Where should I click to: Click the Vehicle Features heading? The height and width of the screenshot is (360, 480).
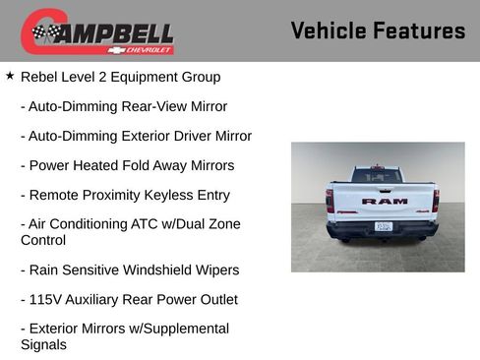click(x=378, y=30)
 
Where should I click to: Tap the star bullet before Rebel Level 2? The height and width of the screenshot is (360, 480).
click(x=10, y=75)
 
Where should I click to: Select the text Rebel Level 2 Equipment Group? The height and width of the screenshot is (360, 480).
click(x=120, y=76)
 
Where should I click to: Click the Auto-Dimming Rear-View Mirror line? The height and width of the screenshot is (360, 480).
click(x=123, y=106)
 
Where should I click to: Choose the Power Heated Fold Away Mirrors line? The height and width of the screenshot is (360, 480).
click(x=127, y=165)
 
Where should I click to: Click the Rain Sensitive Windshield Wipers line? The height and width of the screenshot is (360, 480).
click(x=129, y=270)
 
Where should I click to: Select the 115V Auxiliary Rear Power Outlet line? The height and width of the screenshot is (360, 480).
click(x=128, y=299)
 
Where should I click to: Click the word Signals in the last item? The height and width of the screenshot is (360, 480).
click(x=43, y=344)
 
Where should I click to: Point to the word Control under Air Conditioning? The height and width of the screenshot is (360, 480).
click(x=43, y=240)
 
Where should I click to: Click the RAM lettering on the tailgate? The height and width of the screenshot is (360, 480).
click(x=384, y=201)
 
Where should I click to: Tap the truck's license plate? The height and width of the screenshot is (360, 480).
click(x=384, y=226)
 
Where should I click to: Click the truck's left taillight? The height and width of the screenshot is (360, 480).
click(x=330, y=200)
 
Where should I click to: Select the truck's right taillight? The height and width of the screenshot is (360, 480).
click(x=435, y=200)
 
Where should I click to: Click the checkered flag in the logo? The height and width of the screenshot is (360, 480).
click(x=45, y=32)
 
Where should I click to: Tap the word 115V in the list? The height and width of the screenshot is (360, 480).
click(x=46, y=299)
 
